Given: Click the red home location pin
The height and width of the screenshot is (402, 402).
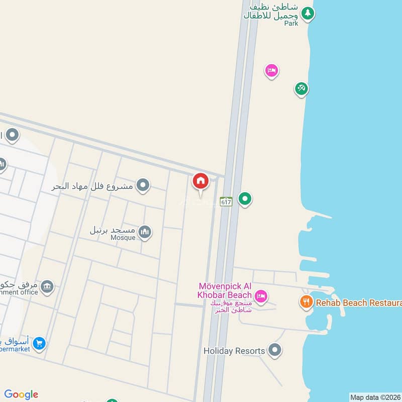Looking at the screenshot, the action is point(200,181).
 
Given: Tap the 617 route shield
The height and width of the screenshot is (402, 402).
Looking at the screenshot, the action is point(226,201).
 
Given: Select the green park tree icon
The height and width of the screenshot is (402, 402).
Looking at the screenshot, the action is point(308,15).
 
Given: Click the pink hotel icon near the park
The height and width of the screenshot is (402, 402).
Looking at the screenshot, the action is point(271,71).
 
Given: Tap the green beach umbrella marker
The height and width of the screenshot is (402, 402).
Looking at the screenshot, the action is point(301,89).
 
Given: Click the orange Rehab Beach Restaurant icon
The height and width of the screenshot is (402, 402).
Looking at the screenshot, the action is point(306,302).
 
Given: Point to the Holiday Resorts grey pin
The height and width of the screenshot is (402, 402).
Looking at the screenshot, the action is point(274,350).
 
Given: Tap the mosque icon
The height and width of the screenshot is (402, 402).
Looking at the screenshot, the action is point(145,232).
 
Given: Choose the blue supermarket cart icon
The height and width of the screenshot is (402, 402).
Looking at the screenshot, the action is point(40,344).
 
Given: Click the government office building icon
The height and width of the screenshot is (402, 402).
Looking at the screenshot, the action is point(47,287).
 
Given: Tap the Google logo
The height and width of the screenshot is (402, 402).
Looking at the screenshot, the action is point(21,394).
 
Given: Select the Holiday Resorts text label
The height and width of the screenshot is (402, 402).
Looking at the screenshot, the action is point(234,351).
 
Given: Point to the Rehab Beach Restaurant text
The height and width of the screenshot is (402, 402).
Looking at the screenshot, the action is point(358,303).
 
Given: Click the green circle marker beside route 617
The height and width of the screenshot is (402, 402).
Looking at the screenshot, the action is point(245,199).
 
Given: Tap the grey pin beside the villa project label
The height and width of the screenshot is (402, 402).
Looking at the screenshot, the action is point(143,186).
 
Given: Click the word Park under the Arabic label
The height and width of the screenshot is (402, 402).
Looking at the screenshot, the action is point(290,23).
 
